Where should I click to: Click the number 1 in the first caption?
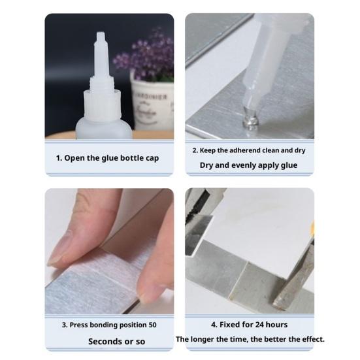tap(58, 158)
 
